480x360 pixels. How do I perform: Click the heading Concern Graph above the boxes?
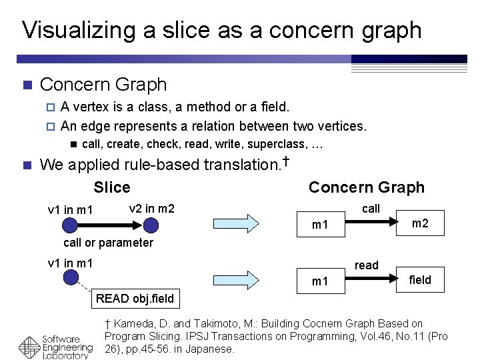(366, 187)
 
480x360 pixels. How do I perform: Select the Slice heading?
(112, 187)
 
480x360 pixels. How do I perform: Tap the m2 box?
(420, 223)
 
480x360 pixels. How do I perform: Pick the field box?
(420, 280)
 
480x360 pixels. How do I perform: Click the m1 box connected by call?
(320, 225)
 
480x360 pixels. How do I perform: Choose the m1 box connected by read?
(320, 281)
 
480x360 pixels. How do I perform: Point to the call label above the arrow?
(371, 209)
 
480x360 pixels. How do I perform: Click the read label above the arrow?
(367, 265)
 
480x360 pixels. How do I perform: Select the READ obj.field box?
(135, 299)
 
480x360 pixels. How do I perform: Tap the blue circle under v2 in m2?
(151, 225)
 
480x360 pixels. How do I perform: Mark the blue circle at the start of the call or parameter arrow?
(70, 225)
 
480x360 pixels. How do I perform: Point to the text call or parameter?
(108, 243)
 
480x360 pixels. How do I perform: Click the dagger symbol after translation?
(285, 161)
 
